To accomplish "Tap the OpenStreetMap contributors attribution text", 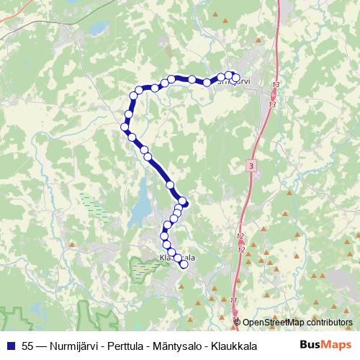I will tap(297, 322).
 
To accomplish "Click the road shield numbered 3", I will tap(250, 166).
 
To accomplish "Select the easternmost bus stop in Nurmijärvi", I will tap(235, 78).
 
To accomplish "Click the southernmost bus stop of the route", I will tap(184, 264).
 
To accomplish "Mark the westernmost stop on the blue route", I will tap(124, 127).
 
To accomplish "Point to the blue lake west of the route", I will tap(143, 202).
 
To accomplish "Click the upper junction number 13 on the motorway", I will tap(275, 86).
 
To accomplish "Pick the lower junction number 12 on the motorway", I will tap(241, 249).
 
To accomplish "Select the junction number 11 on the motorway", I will tap(234, 300).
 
